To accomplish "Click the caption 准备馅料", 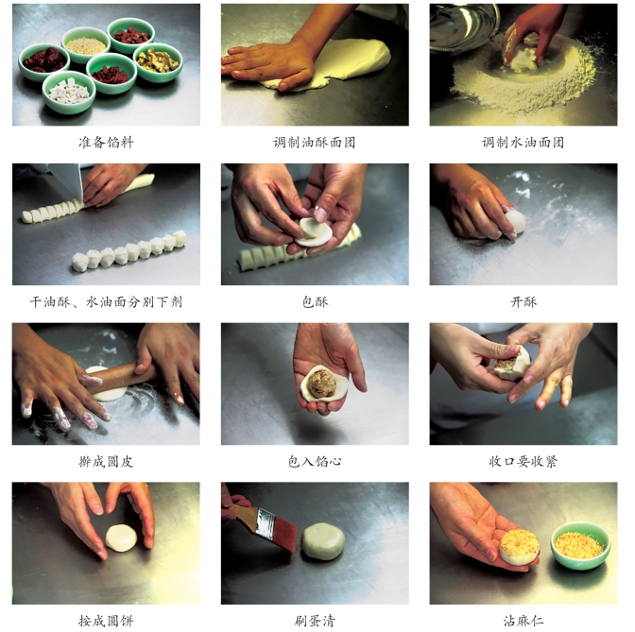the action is pyautogui.click(x=106, y=142).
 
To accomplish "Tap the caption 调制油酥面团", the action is pyautogui.click(x=315, y=142).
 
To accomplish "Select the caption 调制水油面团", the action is pyautogui.click(x=523, y=142).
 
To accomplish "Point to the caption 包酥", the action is pyautogui.click(x=315, y=301).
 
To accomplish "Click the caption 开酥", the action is pyautogui.click(x=523, y=301).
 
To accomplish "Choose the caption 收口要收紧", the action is pyautogui.click(x=523, y=461).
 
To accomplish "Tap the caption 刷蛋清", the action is pyautogui.click(x=315, y=621).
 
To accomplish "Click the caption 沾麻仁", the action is pyautogui.click(x=523, y=621).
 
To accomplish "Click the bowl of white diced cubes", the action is pyautogui.click(x=69, y=92).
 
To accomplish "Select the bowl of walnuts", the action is pyautogui.click(x=158, y=62).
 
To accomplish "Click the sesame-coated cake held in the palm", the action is pyautogui.click(x=520, y=547).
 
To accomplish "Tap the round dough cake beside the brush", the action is pyautogui.click(x=323, y=541).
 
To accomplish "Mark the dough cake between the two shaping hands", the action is pyautogui.click(x=121, y=538).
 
